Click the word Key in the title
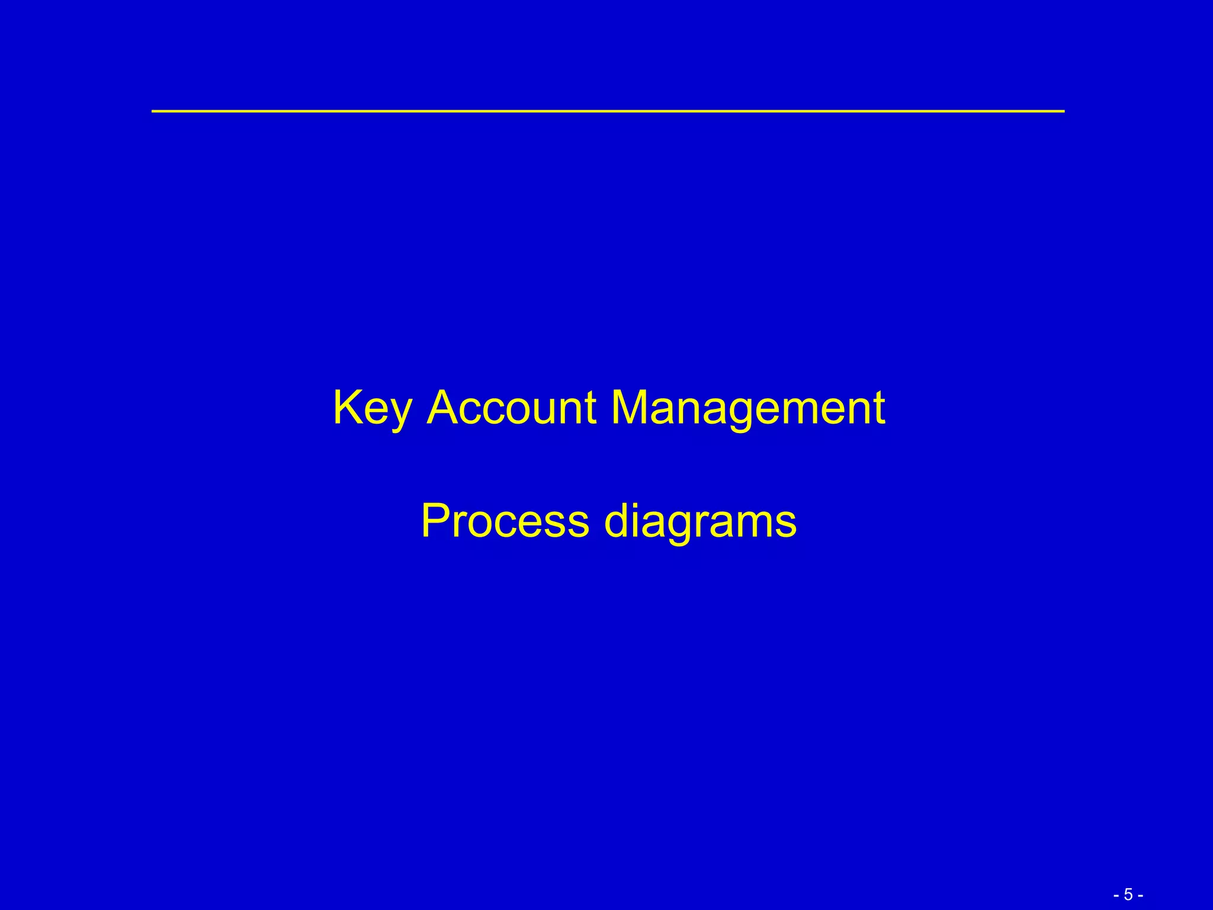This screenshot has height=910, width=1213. (x=372, y=409)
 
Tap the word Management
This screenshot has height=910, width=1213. (x=747, y=409)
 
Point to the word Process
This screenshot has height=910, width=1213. (x=505, y=521)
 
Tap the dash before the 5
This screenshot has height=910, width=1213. (x=1116, y=895)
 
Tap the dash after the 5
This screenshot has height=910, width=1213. (x=1140, y=895)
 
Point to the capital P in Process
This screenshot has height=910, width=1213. (x=436, y=521)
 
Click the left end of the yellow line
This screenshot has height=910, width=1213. (x=153, y=111)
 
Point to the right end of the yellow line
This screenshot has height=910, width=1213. (x=1063, y=111)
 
